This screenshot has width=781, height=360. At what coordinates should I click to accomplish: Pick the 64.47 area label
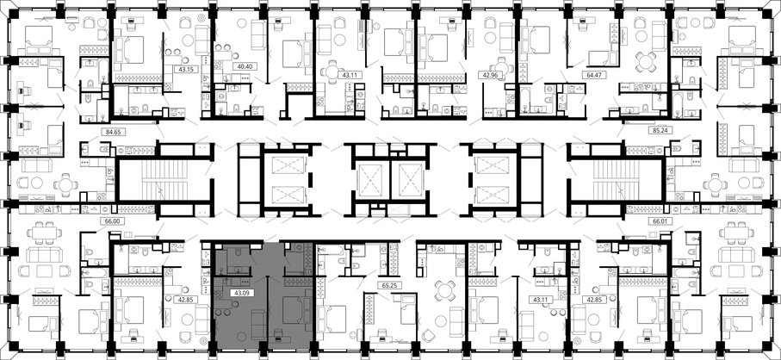(x=591, y=76)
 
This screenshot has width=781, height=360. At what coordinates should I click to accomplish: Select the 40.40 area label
(x=244, y=66)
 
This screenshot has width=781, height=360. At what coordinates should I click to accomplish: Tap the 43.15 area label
(x=185, y=69)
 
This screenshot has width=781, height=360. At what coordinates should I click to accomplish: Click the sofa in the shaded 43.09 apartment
(x=258, y=324)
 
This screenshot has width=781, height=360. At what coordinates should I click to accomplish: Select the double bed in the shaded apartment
(x=294, y=309)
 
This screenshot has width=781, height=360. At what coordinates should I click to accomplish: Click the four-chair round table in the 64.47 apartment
(x=646, y=62)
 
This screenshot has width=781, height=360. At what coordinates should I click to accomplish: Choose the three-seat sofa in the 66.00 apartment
(x=44, y=256)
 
